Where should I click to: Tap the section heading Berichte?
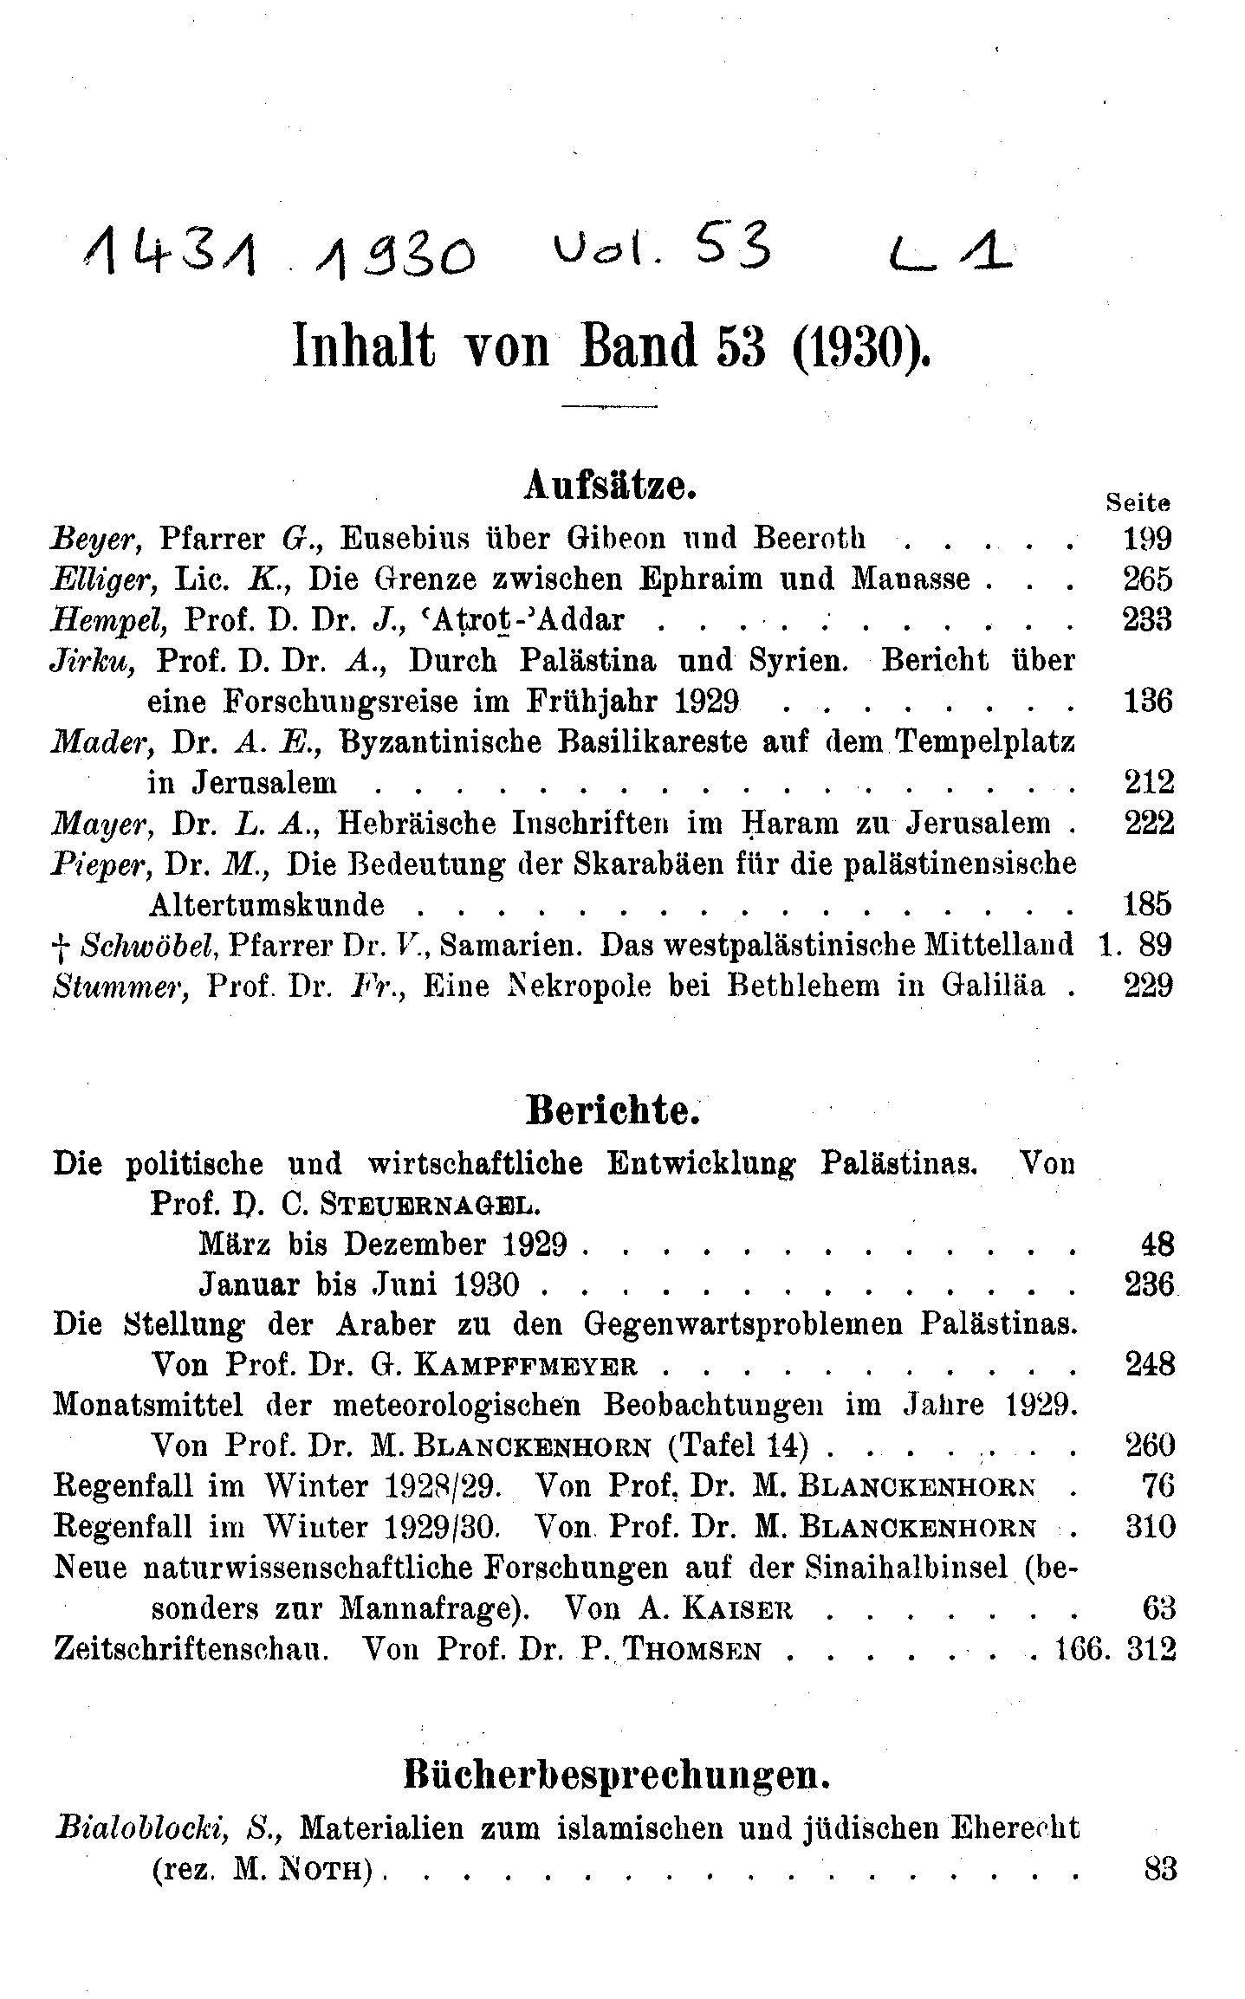pos(613,1111)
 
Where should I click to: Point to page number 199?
pos(1146,540)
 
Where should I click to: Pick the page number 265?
pos(1146,579)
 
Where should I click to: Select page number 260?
pos(1150,1447)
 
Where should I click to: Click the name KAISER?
pos(737,1609)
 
